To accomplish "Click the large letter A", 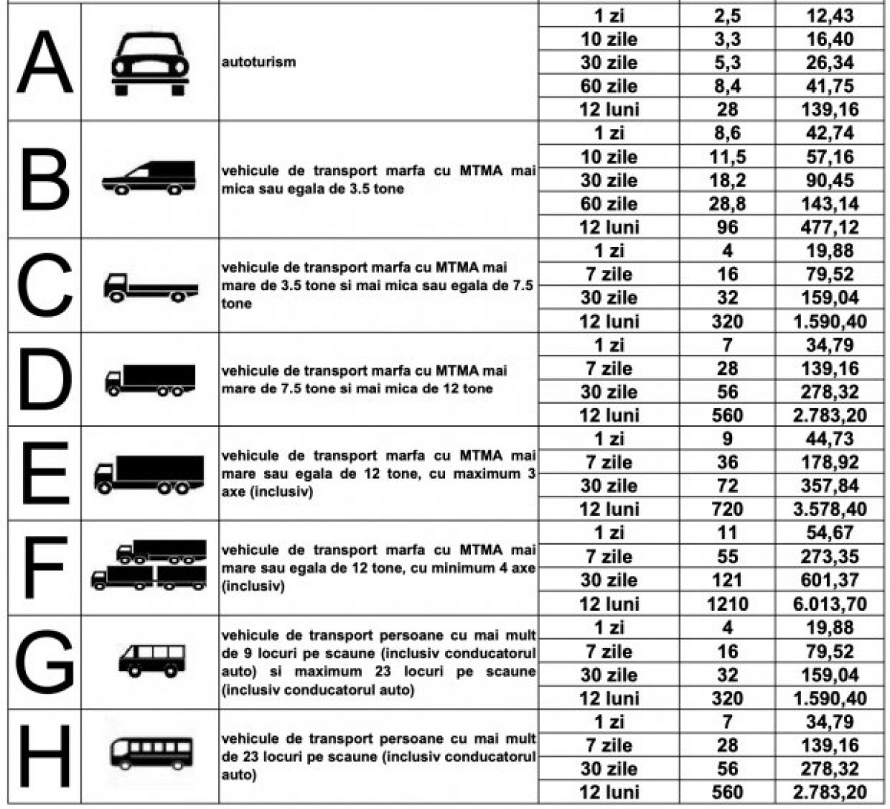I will (44, 62).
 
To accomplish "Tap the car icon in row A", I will (149, 64).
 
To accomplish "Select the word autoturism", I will (258, 62).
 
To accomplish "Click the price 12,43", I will (830, 15).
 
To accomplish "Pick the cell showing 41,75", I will (830, 86).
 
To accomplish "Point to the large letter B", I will (44, 180).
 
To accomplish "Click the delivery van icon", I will (149, 178).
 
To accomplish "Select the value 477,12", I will (830, 227).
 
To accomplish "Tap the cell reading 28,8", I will (728, 203).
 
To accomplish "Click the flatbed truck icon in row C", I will (150, 287).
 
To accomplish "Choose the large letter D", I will (44, 380).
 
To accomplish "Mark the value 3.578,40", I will (830, 510).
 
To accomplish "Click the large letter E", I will (44, 474).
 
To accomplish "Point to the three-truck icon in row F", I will (149, 566).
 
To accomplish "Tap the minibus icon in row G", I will (151, 660).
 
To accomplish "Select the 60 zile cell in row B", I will (609, 203).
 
